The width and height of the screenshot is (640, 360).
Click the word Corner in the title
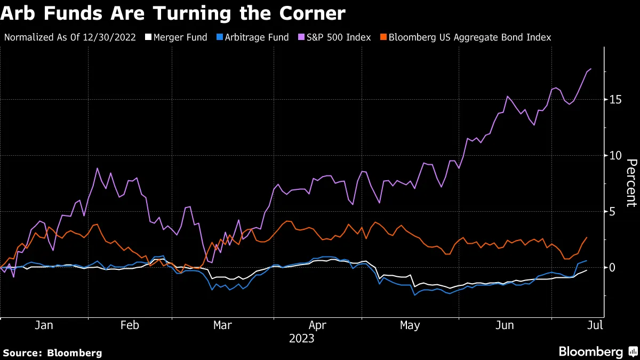coord(309,13)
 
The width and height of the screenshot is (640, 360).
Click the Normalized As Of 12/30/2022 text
coord(70,37)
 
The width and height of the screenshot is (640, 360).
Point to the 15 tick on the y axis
coord(616,100)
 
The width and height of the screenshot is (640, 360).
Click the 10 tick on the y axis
coord(616,156)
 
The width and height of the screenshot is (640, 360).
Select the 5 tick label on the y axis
coord(613,212)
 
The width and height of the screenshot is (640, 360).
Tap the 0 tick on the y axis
coord(613,267)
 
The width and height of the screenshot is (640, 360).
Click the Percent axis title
coord(631,183)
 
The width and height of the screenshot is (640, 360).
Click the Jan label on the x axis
coord(44,325)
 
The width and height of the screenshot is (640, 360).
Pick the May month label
coord(410,325)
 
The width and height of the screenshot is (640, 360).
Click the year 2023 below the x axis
coord(301,339)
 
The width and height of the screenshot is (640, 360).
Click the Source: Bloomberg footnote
coord(52,353)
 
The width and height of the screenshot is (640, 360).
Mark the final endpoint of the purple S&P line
coord(591,69)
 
